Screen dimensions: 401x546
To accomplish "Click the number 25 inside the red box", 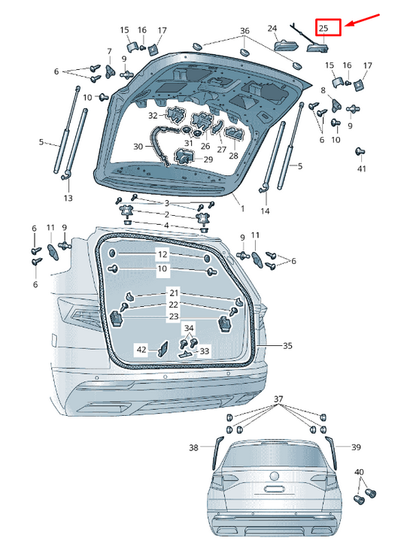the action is click(324, 28).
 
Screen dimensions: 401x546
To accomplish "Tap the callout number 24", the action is click(272, 29).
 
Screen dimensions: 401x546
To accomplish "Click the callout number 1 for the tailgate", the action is click(242, 208).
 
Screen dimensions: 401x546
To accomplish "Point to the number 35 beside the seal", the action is click(287, 346).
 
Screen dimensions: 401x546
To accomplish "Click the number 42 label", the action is click(141, 349).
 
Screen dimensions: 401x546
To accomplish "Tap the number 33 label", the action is click(205, 351).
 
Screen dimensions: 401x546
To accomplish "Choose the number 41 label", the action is click(362, 168).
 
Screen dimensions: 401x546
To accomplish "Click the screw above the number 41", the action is click(360, 152).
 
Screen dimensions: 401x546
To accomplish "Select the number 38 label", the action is click(193, 447).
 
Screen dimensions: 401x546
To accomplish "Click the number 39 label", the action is click(356, 447).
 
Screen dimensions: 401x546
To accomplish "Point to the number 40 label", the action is click(359, 472).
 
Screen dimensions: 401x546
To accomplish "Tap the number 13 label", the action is click(68, 198).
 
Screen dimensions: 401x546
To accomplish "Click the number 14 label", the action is click(265, 211).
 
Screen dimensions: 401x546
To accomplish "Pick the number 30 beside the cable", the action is click(138, 147).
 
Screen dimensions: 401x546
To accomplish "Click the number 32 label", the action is click(153, 115).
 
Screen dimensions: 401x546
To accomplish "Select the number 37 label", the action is click(278, 399).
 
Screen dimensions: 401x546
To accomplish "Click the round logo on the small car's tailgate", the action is click(275, 475).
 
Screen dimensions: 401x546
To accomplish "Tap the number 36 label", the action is click(245, 31).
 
